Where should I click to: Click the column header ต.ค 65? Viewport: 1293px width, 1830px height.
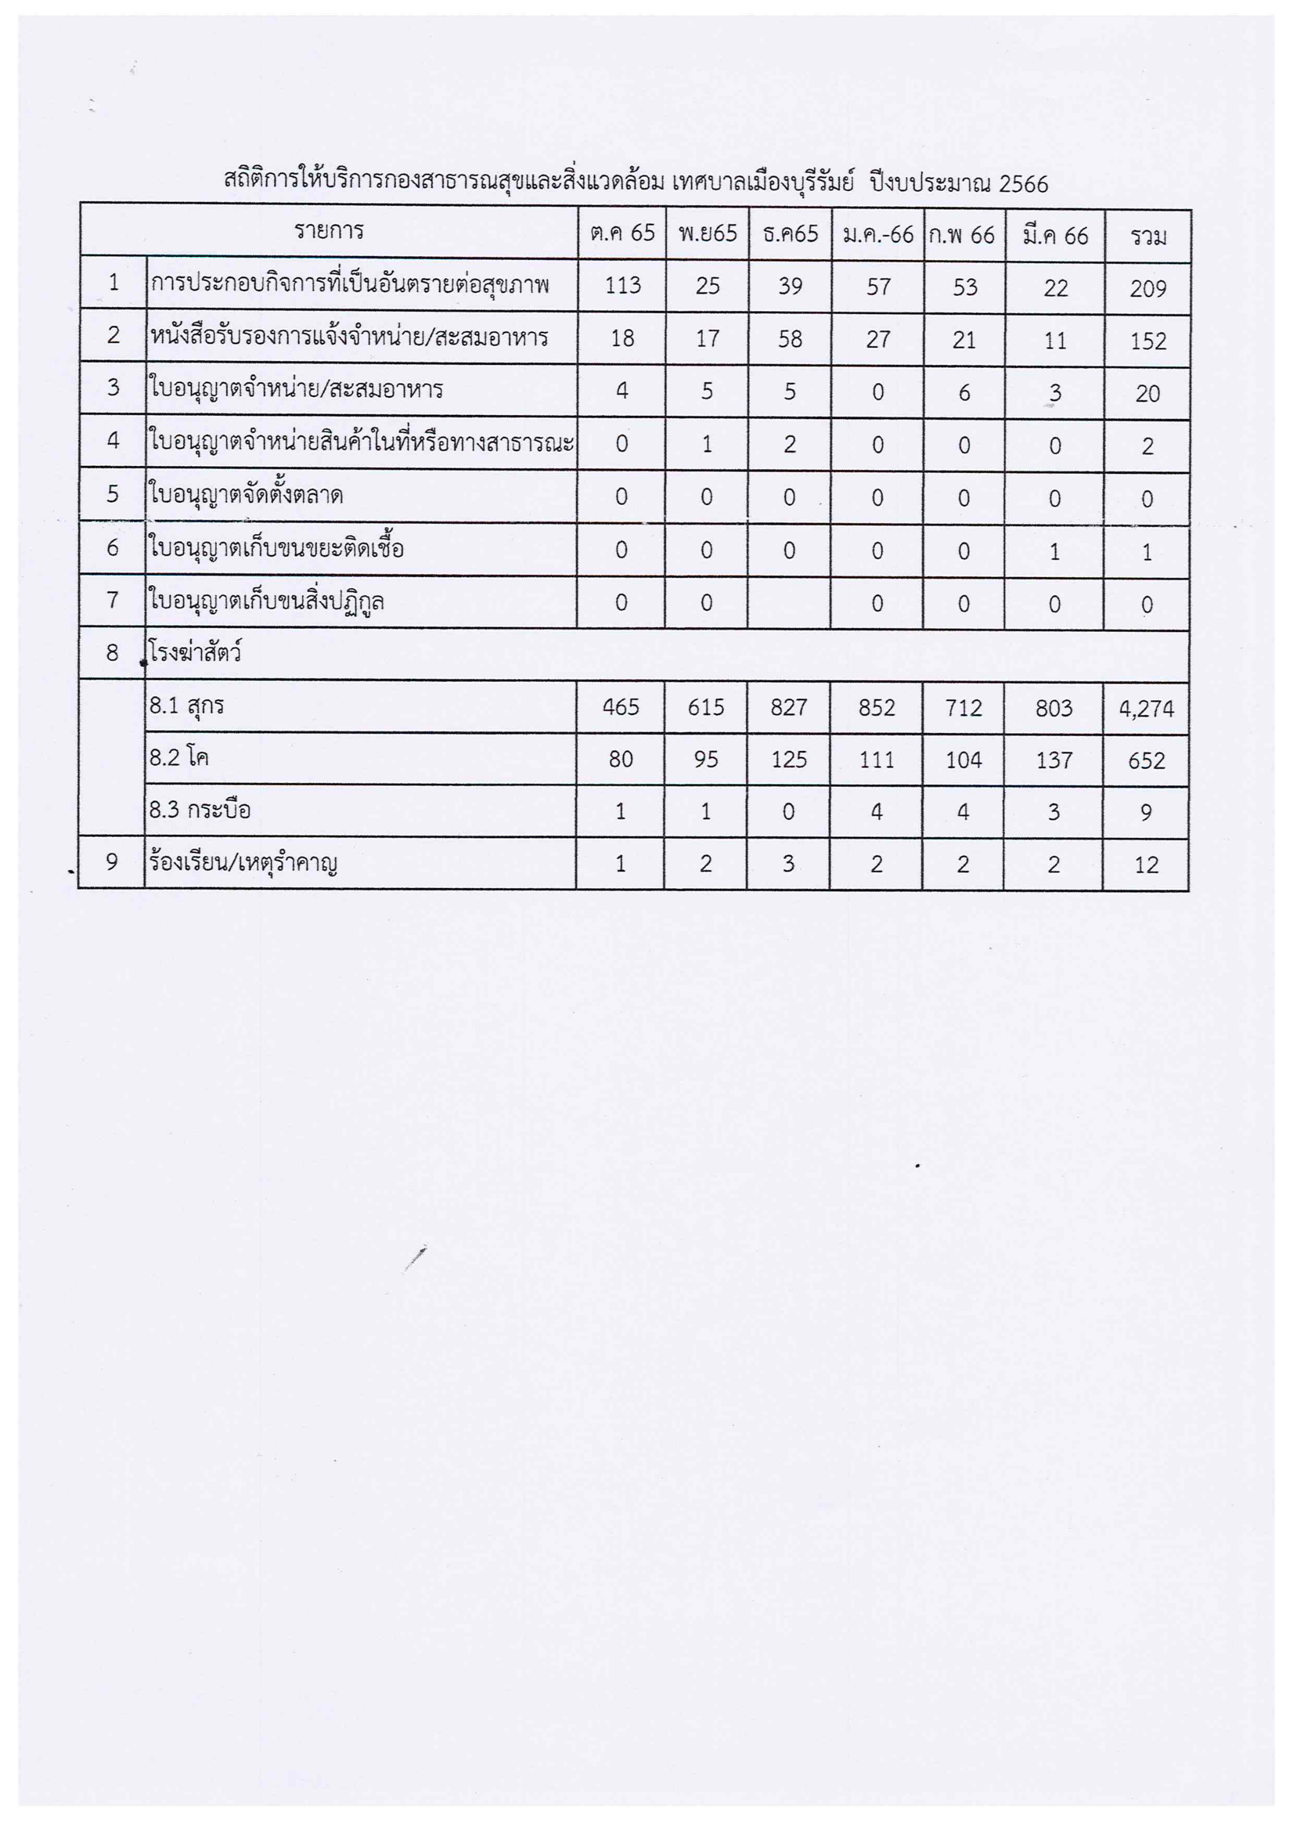point(622,233)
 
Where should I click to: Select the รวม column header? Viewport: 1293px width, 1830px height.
point(1148,236)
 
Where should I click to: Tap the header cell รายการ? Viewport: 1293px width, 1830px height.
point(329,231)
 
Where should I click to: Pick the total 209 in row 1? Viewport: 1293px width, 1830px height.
point(1148,289)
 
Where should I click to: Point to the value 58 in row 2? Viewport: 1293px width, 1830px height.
point(789,339)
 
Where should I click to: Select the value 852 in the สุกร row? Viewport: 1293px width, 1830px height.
point(877,708)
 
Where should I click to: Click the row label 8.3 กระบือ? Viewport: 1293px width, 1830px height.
point(200,810)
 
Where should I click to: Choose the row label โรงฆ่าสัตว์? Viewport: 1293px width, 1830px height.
point(195,653)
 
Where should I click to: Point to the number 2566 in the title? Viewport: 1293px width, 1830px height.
point(1023,185)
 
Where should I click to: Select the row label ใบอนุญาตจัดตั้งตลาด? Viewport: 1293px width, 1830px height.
point(246,495)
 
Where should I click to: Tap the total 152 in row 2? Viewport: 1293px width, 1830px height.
point(1148,341)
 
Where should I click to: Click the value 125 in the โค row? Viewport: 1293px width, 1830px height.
point(789,759)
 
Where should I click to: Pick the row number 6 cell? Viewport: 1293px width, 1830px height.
point(112,548)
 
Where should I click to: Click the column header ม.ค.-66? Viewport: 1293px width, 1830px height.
point(878,234)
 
